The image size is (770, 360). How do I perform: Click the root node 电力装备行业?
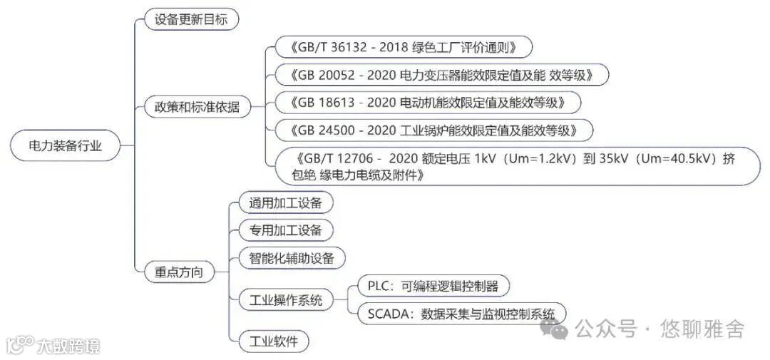pos(65,146)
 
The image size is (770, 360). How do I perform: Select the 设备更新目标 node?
pos(191,19)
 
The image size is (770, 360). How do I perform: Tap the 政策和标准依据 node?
pos(192,107)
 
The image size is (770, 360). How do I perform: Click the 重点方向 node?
pos(179,272)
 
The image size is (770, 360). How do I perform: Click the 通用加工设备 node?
pos(285,202)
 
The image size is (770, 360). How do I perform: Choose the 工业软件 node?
pos(274,341)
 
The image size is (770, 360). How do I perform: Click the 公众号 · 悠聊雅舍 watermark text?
pos(659,329)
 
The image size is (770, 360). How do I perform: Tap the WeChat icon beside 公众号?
pos(555,328)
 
